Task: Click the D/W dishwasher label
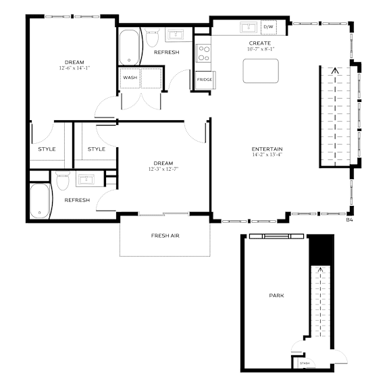pyautogui.click(x=268, y=27)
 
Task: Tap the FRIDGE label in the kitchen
pyautogui.click(x=205, y=80)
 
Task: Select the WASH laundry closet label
pyautogui.click(x=130, y=78)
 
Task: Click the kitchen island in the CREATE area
pyautogui.click(x=261, y=71)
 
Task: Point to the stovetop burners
pyautogui.click(x=204, y=53)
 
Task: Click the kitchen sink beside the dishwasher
pyautogui.click(x=249, y=27)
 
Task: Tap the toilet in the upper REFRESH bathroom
pyautogui.click(x=152, y=37)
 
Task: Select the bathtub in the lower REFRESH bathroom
pyautogui.click(x=40, y=201)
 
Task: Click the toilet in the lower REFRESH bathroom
pyautogui.click(x=63, y=180)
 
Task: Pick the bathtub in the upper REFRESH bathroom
pyautogui.click(x=129, y=47)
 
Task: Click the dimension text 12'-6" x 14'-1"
pyautogui.click(x=74, y=68)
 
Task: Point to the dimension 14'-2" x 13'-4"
pyautogui.click(x=267, y=155)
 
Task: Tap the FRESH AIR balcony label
pyautogui.click(x=165, y=236)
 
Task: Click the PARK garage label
pyautogui.click(x=277, y=296)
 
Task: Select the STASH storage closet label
pyautogui.click(x=305, y=363)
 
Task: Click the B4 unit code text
pyautogui.click(x=350, y=219)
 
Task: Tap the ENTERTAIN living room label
pyautogui.click(x=267, y=149)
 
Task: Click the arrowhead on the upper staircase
pyautogui.click(x=335, y=70)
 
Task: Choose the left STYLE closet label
pyautogui.click(x=47, y=149)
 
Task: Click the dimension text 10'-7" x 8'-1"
pyautogui.click(x=261, y=49)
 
